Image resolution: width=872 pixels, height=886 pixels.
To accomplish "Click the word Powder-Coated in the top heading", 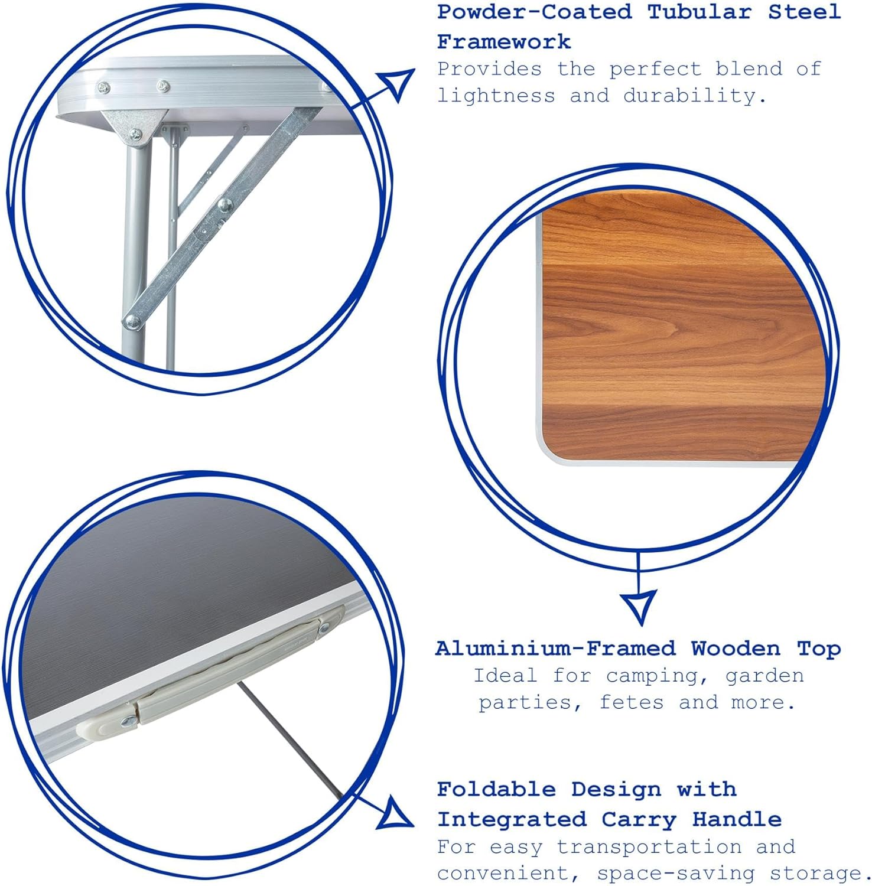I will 534,12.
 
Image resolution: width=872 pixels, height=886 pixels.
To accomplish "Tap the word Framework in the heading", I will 504,42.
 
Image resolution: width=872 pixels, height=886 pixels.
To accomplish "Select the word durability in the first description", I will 694,96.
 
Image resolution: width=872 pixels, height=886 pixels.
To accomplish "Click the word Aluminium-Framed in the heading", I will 555,649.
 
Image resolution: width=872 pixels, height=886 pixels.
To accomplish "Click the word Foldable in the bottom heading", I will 496,789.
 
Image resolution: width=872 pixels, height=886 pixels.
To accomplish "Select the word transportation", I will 649,846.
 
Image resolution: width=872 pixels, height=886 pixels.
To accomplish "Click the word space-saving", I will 676,873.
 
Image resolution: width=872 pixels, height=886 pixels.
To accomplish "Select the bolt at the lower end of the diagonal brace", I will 132,321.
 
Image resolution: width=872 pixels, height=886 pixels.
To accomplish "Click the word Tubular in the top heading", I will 699,12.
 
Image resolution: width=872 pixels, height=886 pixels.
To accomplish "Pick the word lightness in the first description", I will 496,96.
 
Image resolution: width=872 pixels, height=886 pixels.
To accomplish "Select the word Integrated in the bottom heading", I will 512,819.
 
